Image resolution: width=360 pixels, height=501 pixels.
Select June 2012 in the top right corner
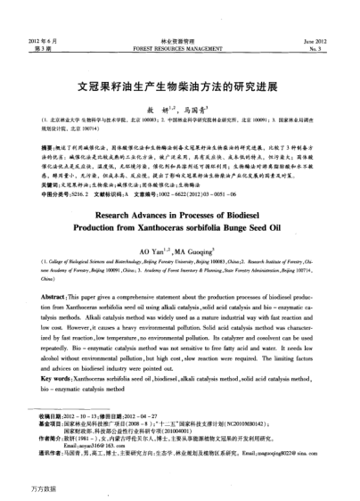point(316,42)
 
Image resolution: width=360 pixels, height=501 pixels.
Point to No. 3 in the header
point(322,50)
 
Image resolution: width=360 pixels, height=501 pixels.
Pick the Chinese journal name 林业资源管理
point(180,42)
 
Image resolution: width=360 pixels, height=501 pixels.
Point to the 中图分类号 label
point(47,193)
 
